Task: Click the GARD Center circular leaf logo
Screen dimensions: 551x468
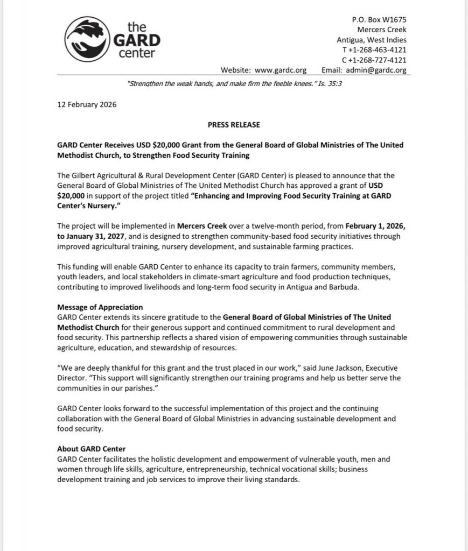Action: (88, 39)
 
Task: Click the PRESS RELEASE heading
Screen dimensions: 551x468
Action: (234, 125)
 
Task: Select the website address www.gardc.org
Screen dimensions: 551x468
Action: (280, 70)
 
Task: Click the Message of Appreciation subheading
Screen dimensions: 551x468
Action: (100, 307)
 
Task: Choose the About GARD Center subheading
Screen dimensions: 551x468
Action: (91, 449)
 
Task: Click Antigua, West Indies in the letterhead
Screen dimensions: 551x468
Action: (372, 40)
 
